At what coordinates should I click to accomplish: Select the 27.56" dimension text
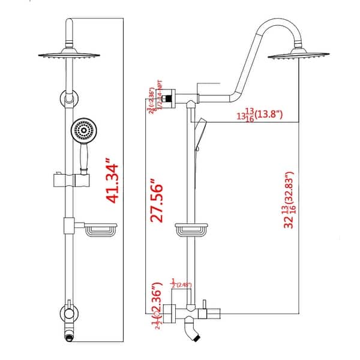coord(157,200)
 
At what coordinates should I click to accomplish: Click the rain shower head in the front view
coord(72,53)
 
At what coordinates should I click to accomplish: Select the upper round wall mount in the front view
coord(68,98)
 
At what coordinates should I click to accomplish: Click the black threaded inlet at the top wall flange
coord(172,96)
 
